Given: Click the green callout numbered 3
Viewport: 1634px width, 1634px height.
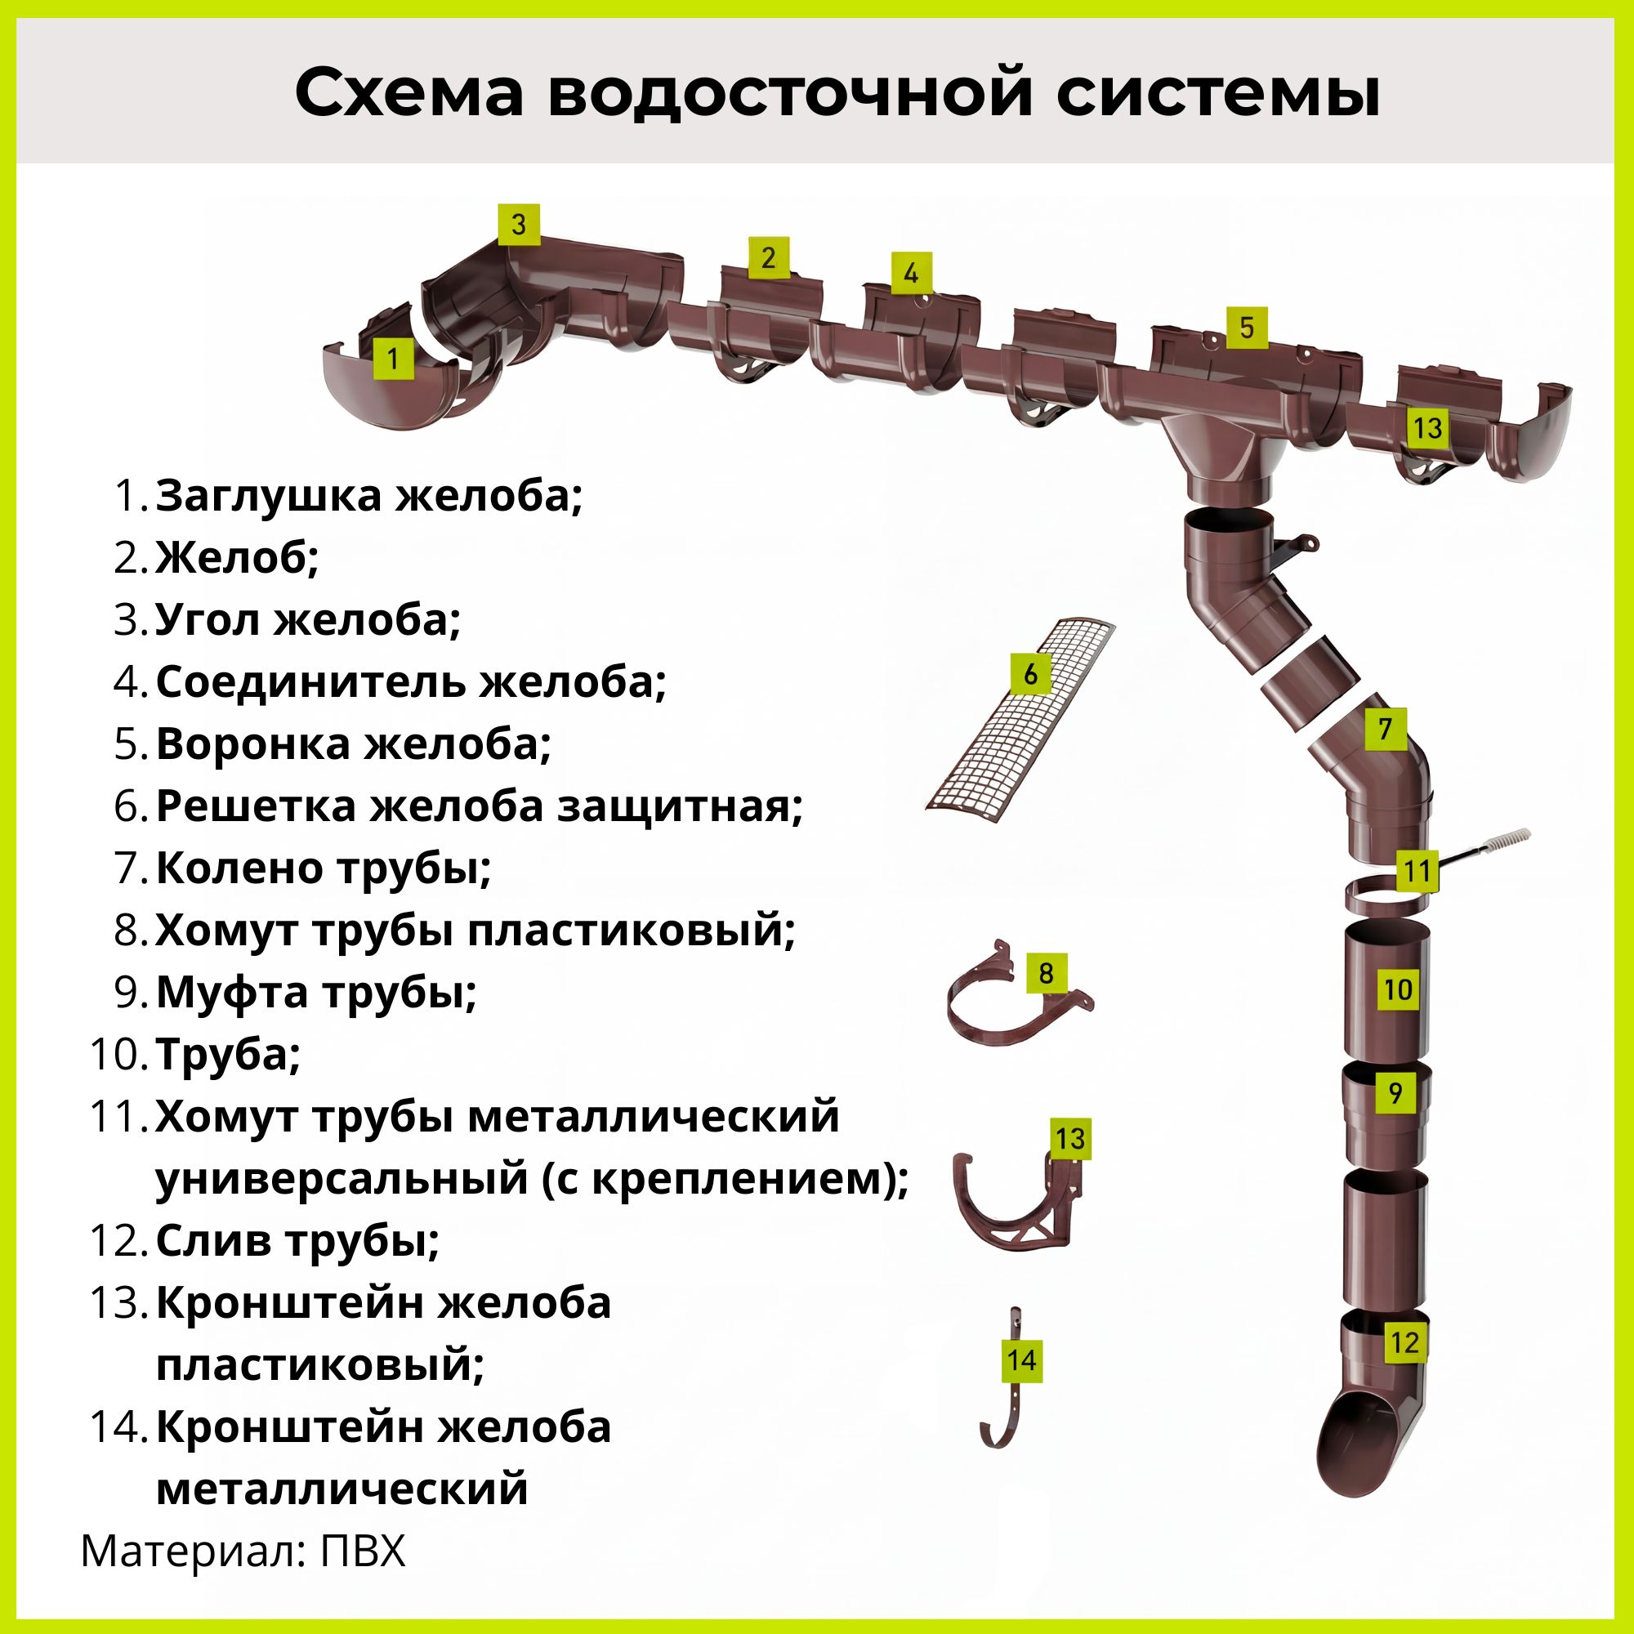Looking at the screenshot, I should coord(519,224).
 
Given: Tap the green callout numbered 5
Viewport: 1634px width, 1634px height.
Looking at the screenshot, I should coord(1246,328).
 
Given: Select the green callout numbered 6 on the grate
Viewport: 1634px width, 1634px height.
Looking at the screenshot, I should coord(1030,674).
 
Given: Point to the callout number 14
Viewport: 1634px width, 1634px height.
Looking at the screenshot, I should coord(1022,1360).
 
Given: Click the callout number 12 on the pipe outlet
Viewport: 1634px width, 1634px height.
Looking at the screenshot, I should coord(1404,1342).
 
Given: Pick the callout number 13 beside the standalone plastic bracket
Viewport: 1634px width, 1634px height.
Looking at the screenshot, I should coord(1070,1138).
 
